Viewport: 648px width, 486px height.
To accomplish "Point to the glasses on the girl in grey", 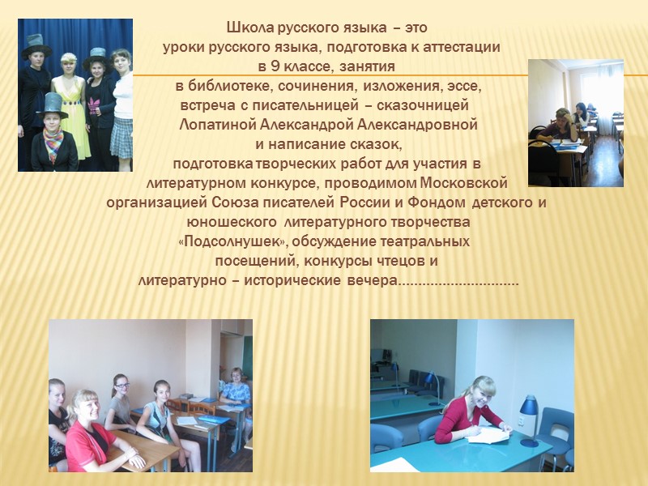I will (x=121, y=386).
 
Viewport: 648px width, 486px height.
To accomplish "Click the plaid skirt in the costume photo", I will (x=122, y=138).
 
